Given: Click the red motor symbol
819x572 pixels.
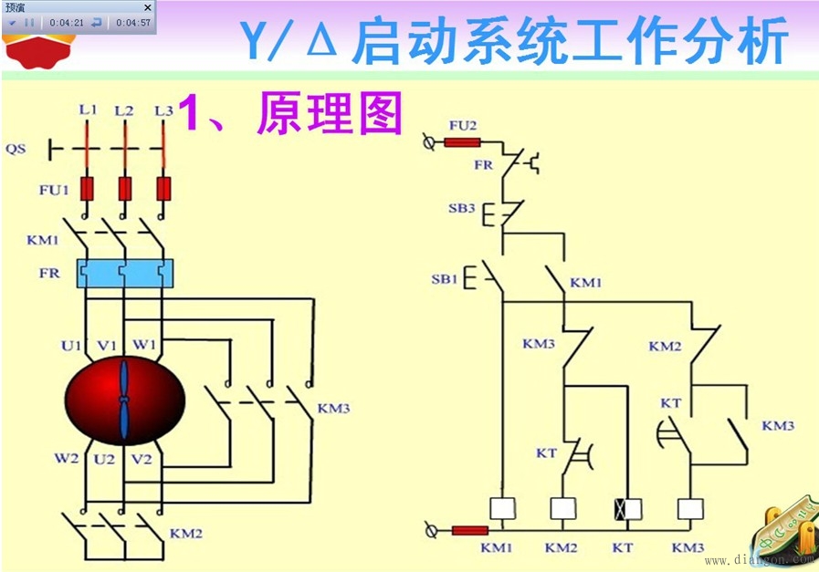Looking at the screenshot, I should tap(124, 401).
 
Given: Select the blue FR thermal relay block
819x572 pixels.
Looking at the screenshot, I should tap(124, 273).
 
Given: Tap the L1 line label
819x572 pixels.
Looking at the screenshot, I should tap(87, 109).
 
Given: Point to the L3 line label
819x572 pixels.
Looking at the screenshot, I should tap(163, 110).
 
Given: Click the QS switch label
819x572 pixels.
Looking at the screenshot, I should tap(16, 148).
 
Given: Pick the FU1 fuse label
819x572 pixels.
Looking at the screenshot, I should tap(53, 191).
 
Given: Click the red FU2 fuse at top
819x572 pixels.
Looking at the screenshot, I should tap(463, 142).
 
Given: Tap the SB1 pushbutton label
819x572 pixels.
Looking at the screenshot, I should tap(445, 279).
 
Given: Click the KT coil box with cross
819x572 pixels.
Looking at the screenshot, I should tap(627, 509).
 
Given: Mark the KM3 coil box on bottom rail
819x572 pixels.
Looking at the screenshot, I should tap(689, 509).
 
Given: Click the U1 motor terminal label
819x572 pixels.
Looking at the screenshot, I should tap(72, 345).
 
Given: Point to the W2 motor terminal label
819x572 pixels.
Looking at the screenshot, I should tap(66, 458).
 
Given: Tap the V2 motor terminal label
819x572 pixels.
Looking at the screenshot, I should tap(142, 458).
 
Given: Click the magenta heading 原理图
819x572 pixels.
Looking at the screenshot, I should tap(330, 113).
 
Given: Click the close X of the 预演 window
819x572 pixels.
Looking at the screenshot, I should tap(148, 6).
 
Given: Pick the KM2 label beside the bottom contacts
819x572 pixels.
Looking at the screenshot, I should tap(186, 533).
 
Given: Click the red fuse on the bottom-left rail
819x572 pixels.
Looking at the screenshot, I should tap(469, 530).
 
